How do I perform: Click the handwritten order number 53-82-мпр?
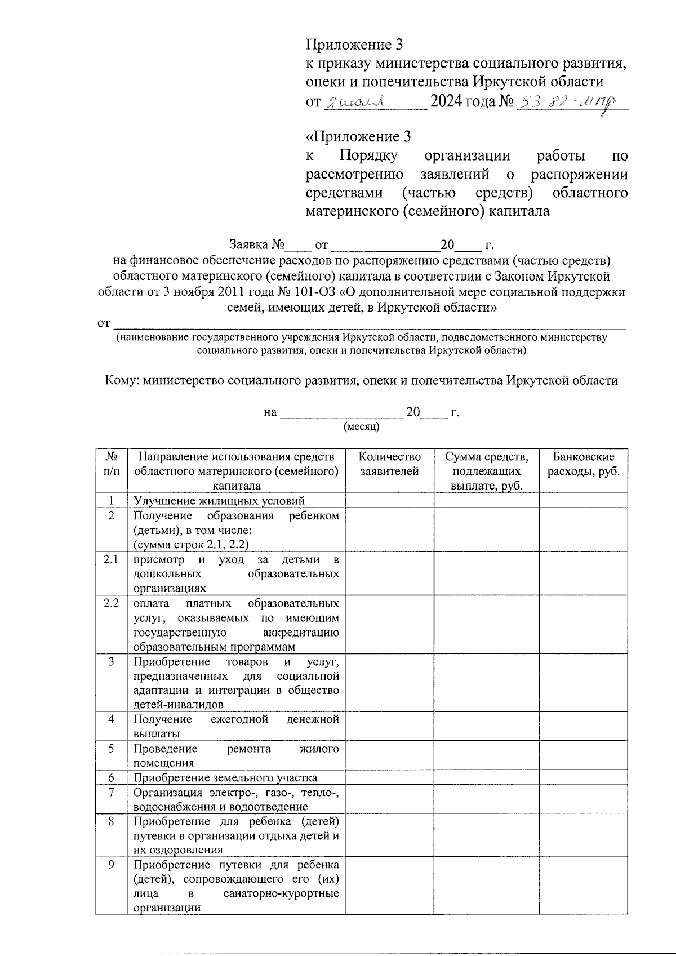pos(568,103)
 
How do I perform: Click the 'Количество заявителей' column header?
pos(389,464)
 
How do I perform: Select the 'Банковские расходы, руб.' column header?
pos(584,464)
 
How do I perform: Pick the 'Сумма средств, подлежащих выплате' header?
pos(487,471)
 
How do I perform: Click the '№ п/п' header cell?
pos(112,464)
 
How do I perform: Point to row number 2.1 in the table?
pos(112,560)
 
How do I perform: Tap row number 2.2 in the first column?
pos(112,603)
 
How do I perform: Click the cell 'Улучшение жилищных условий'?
pos(219,500)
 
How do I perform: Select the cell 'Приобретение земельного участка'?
pos(225,778)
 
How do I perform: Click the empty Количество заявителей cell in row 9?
pos(389,886)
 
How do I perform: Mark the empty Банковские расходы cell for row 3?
pos(584,683)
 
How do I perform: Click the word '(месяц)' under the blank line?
pos(362,426)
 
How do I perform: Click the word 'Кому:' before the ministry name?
pos(122,381)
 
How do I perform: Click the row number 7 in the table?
pos(112,793)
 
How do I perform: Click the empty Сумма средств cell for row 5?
pos(487,755)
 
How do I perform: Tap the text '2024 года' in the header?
pos(462,102)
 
